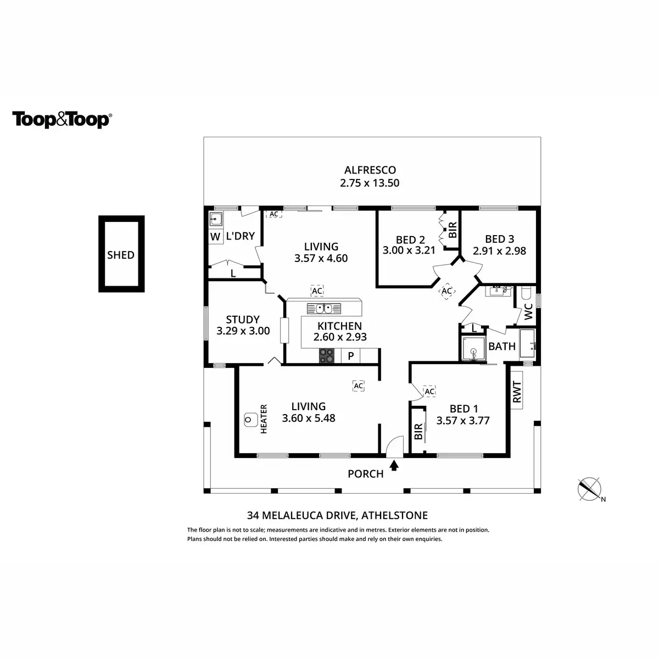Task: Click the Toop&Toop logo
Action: pyautogui.click(x=62, y=120)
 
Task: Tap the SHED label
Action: pyautogui.click(x=121, y=255)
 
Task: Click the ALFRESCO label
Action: pyautogui.click(x=370, y=170)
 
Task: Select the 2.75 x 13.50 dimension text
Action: pyautogui.click(x=370, y=183)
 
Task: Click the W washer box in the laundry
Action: pyautogui.click(x=214, y=237)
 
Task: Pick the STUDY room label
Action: pyautogui.click(x=243, y=320)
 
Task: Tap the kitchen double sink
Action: pyautogui.click(x=322, y=308)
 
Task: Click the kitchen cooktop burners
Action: pyautogui.click(x=327, y=356)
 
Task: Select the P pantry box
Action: pyautogui.click(x=351, y=356)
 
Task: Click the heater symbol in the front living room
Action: pyautogui.click(x=250, y=420)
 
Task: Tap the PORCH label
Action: pyautogui.click(x=366, y=474)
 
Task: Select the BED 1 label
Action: pyautogui.click(x=463, y=409)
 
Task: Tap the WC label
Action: pyautogui.click(x=528, y=311)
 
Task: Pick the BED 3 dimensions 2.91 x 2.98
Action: pyautogui.click(x=500, y=251)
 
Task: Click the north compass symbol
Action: pyautogui.click(x=590, y=489)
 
